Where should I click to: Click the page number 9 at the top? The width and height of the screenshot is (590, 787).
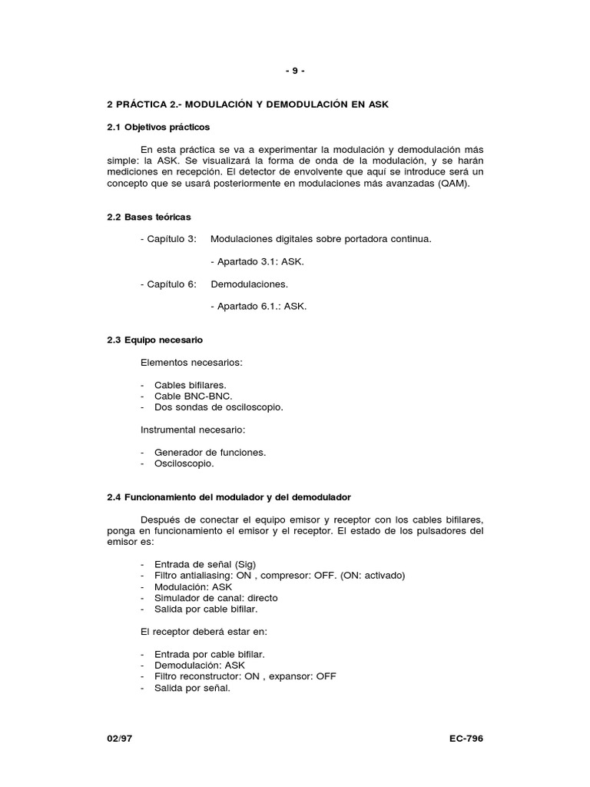pos(295,71)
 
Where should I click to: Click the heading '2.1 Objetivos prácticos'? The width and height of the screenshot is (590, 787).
pos(158,126)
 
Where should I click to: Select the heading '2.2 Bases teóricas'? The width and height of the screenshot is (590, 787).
pos(149,218)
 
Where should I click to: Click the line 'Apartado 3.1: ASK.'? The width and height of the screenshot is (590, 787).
pos(257,261)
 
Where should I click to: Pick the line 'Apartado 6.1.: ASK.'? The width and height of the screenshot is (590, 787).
pos(258,306)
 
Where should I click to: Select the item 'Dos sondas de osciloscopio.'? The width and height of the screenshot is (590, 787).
pos(218,407)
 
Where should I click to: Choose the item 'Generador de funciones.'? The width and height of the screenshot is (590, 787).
pos(210,453)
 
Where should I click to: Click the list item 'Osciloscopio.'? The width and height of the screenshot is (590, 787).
pos(184,463)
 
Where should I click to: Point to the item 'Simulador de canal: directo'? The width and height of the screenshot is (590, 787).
pos(216,597)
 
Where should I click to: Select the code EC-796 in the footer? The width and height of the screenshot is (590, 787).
pos(466,739)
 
